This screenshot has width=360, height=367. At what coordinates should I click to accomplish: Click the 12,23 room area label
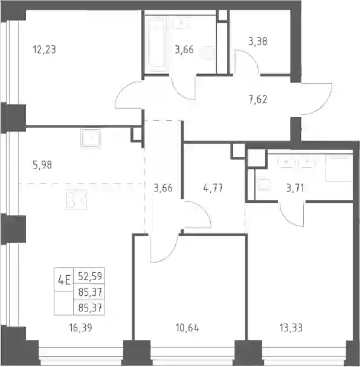45,49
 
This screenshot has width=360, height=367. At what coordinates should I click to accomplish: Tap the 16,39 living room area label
80,328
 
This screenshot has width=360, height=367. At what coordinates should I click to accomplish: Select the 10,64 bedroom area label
188,328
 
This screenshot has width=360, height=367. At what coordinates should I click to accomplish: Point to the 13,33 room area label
291,328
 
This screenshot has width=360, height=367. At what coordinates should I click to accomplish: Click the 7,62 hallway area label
258,99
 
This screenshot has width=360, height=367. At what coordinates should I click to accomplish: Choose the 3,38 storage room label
258,42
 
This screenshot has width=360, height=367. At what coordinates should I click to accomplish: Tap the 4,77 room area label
213,188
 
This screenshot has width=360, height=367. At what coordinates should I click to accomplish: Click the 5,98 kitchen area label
42,165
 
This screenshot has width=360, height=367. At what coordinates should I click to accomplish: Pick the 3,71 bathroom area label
295,188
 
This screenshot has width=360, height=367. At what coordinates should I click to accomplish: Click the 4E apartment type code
64,280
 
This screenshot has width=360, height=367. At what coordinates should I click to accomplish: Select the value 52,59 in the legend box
90,276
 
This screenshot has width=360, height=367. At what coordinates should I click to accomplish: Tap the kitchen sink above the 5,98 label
91,138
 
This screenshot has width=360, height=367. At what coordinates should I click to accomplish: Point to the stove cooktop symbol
77,199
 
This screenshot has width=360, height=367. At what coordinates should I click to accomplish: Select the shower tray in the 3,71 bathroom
339,168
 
